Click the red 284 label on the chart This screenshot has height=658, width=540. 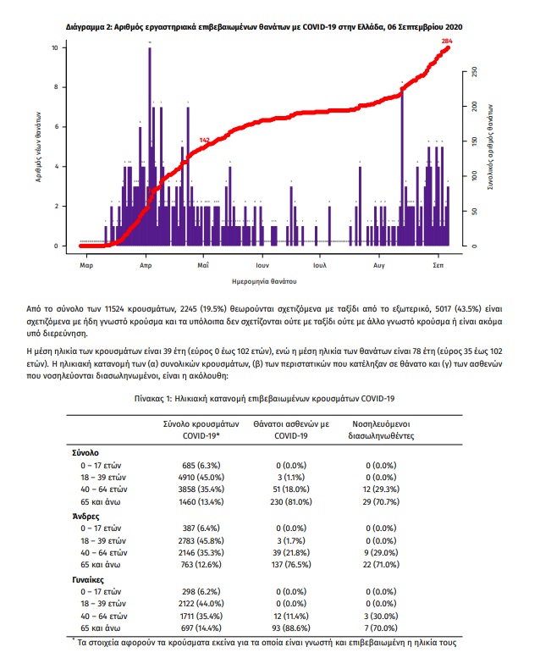coord(447,41)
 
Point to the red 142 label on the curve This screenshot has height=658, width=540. coord(204,140)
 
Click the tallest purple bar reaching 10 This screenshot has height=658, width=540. coord(150,147)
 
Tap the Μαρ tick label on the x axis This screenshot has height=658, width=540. coord(86,265)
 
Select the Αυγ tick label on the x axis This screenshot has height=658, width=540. coord(379,265)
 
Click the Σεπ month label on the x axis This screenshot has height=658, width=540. coord(438,265)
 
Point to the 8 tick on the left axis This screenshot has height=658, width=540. coord(56,87)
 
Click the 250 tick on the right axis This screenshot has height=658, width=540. coord(475,72)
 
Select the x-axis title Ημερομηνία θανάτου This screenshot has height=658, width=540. coord(264,281)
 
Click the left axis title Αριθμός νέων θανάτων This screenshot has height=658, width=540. coord(38,147)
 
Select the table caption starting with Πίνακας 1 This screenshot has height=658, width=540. coord(264,398)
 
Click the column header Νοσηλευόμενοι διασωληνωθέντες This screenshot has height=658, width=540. coord(381,429)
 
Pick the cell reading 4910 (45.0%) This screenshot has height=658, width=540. coord(201,477)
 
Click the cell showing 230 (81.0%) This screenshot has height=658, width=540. coord(291,501)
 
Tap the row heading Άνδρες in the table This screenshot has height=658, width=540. coord(85,517)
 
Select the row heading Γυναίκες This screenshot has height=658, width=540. coord(88,579)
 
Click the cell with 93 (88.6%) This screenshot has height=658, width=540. coord(291,628)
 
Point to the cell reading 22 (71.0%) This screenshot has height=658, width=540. coord(381,564)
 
